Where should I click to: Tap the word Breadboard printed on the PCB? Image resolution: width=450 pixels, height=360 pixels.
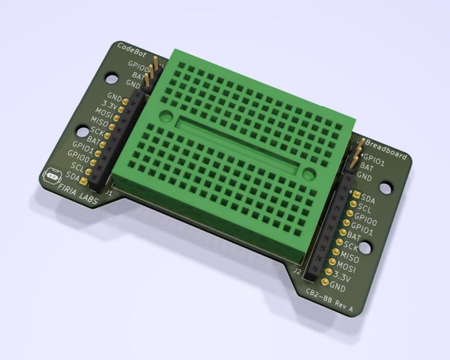(386, 147)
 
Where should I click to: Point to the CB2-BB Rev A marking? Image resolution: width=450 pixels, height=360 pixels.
(330, 297)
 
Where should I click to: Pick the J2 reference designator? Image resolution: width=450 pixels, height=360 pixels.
(297, 272)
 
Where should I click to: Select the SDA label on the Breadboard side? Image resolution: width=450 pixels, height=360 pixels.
(368, 199)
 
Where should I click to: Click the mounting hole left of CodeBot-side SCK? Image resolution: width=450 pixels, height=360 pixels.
(82, 132)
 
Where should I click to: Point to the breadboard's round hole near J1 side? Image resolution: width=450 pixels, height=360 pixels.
(166, 116)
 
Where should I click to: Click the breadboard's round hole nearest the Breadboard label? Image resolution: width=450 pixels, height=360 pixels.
(308, 172)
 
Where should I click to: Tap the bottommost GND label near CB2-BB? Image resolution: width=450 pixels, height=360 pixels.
(337, 287)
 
